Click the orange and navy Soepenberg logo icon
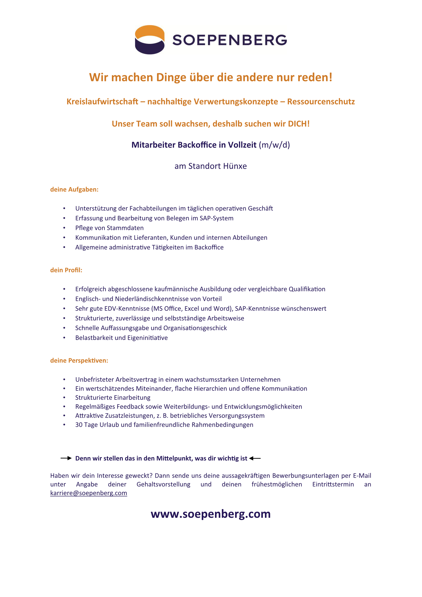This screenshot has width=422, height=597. coord(150,40)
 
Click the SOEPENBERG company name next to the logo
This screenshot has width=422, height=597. coord(230,40)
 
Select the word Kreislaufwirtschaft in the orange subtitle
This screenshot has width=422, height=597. coord(102,102)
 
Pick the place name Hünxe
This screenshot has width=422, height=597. coord(235,166)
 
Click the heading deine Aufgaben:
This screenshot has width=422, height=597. coord(74,190)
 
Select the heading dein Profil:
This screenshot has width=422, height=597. coord(66,270)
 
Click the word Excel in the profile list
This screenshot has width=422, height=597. coord(192,309)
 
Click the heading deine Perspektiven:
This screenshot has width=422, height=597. coord(79,360)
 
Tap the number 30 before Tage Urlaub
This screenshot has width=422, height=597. coord(79,425)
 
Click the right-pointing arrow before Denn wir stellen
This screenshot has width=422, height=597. coord(66,458)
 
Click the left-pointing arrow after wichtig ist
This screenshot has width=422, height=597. coord(255,458)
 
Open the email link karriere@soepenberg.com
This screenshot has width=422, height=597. coord(89,493)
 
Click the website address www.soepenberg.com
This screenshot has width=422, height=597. coord(211,514)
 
